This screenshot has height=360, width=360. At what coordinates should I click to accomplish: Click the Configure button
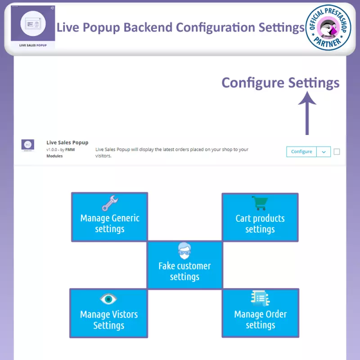[301, 152]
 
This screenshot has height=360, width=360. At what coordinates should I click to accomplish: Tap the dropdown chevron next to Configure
[324, 152]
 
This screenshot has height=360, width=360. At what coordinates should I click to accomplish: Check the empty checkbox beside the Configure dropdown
[337, 152]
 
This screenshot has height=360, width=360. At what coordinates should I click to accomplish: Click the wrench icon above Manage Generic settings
[110, 203]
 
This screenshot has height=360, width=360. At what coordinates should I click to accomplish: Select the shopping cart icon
[260, 203]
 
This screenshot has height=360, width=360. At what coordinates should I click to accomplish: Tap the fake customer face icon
[184, 251]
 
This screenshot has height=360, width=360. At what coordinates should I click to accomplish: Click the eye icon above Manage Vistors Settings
[108, 299]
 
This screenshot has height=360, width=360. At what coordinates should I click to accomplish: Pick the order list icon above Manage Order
[260, 298]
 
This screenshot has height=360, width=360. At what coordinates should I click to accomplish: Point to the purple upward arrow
[307, 113]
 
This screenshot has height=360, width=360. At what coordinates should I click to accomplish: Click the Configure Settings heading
[280, 83]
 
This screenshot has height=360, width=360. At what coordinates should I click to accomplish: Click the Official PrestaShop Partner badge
[328, 27]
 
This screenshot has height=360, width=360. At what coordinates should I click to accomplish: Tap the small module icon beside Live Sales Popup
[28, 145]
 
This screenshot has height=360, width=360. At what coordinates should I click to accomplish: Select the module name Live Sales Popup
[67, 143]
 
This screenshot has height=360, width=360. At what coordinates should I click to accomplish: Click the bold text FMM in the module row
[70, 150]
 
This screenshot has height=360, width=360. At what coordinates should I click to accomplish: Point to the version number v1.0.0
[51, 150]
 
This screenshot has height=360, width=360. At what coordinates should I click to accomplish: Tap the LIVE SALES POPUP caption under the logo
[33, 45]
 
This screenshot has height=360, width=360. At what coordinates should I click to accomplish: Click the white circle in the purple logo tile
[33, 23]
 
